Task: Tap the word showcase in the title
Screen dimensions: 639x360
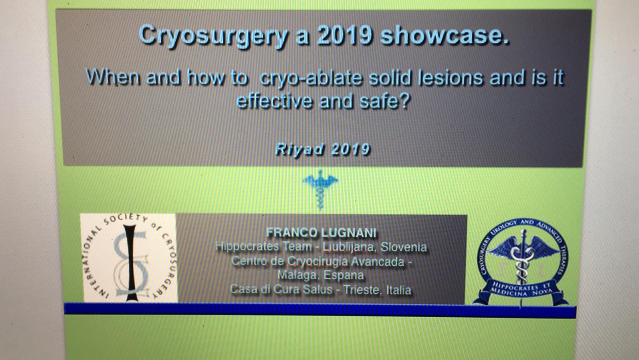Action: [445, 36]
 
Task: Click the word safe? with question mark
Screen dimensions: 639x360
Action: [385, 101]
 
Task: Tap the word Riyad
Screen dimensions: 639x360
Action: [300, 149]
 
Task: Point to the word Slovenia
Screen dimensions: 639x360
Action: [404, 247]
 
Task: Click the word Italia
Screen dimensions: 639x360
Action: [399, 290]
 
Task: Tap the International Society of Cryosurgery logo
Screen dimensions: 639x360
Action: [129, 258]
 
